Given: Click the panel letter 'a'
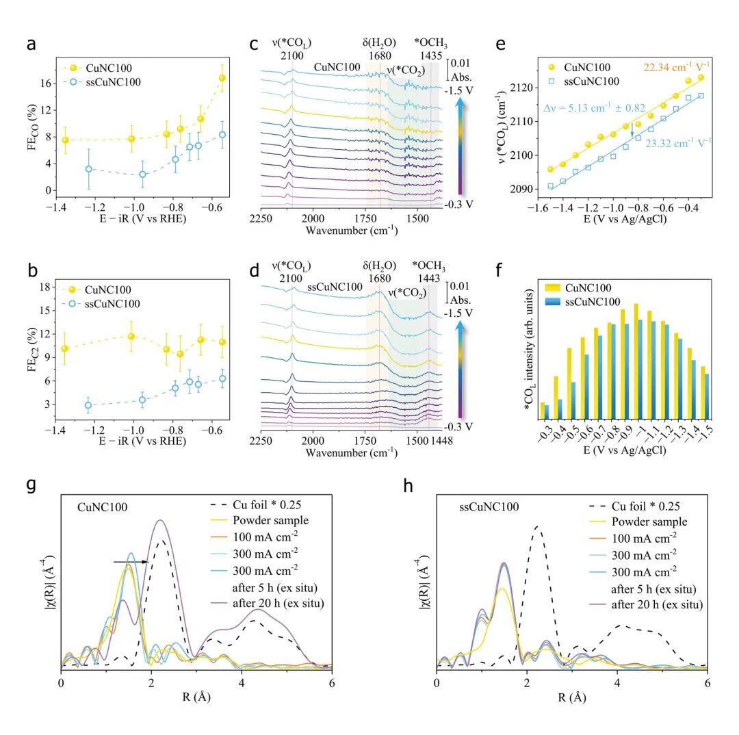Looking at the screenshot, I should tap(31, 46).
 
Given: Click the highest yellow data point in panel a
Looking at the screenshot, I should tap(222, 78).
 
